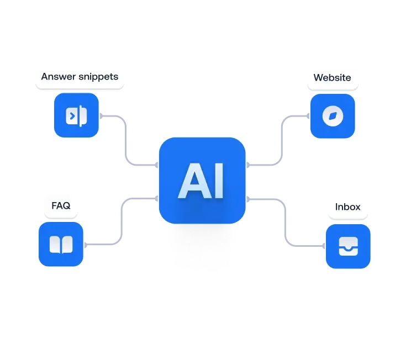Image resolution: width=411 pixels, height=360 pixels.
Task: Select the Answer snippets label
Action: [x=80, y=77]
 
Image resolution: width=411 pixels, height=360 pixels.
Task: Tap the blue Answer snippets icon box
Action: [x=76, y=115]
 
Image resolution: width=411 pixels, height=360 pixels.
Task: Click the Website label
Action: [x=332, y=77]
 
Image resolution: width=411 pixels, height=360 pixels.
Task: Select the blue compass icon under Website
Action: [x=333, y=116]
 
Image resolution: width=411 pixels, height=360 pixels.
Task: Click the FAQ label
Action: [x=61, y=206]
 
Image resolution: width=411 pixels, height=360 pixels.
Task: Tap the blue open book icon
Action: [x=61, y=244]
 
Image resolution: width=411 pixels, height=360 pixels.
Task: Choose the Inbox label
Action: [x=348, y=207]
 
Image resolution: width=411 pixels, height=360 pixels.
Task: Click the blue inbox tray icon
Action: [x=348, y=246]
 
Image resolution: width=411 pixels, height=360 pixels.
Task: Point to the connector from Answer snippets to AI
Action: [x=128, y=141]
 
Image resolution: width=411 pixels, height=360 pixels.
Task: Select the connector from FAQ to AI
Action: [x=120, y=221]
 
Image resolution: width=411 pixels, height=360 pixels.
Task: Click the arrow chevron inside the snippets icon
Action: [x=71, y=115]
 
